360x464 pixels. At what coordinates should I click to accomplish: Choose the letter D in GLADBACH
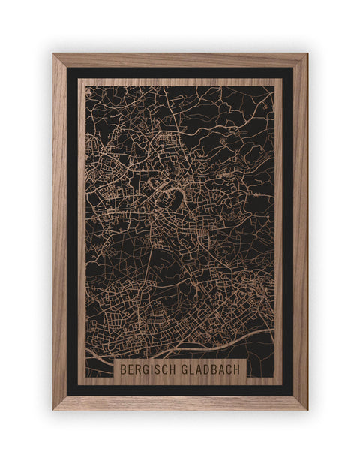point(210,369)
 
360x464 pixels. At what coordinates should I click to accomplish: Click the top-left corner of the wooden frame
point(54,55)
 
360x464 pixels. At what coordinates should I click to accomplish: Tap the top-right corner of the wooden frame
point(306,55)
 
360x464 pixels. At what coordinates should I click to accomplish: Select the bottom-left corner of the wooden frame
point(54,408)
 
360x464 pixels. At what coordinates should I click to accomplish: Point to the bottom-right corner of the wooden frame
point(306,408)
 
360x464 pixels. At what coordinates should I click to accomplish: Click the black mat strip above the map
point(180,72)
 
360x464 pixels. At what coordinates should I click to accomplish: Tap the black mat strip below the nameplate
point(180,390)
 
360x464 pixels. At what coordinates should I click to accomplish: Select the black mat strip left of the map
point(72,225)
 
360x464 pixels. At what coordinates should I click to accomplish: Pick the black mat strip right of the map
point(288,225)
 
